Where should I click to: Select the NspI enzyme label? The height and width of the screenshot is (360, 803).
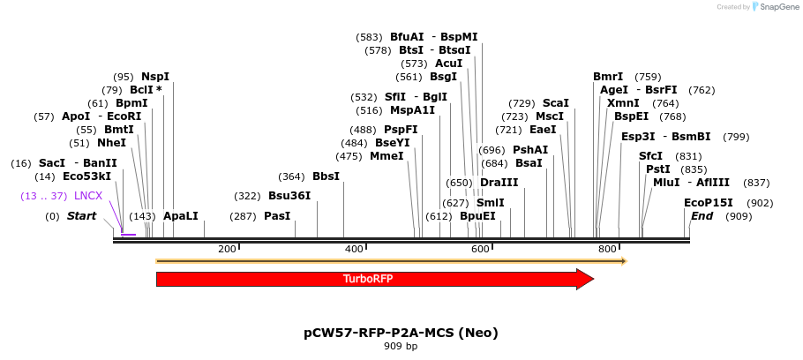155,77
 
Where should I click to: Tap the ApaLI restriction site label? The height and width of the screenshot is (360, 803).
181,216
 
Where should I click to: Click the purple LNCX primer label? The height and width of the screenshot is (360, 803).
88,196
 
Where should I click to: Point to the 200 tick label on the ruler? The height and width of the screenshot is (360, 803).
227,250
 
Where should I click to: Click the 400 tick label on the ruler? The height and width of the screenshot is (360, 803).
354,250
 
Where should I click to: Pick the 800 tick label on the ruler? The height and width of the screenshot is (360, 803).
607,250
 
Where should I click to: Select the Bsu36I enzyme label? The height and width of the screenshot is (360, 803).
289,196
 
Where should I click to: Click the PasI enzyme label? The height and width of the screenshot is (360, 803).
277,216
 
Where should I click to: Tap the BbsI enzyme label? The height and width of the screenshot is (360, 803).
326,176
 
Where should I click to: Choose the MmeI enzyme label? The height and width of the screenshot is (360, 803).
386,156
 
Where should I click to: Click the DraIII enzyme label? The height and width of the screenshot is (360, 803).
499,183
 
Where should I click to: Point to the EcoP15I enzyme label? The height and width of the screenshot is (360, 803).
709,203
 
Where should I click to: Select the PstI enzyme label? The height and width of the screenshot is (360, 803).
658,169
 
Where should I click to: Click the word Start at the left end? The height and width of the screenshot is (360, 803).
81,216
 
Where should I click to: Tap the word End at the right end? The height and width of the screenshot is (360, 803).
702,216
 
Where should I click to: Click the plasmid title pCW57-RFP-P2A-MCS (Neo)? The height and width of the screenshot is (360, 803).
401,333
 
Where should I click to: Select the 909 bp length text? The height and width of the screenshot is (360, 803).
401,347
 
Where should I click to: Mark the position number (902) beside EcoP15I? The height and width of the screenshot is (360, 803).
760,203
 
